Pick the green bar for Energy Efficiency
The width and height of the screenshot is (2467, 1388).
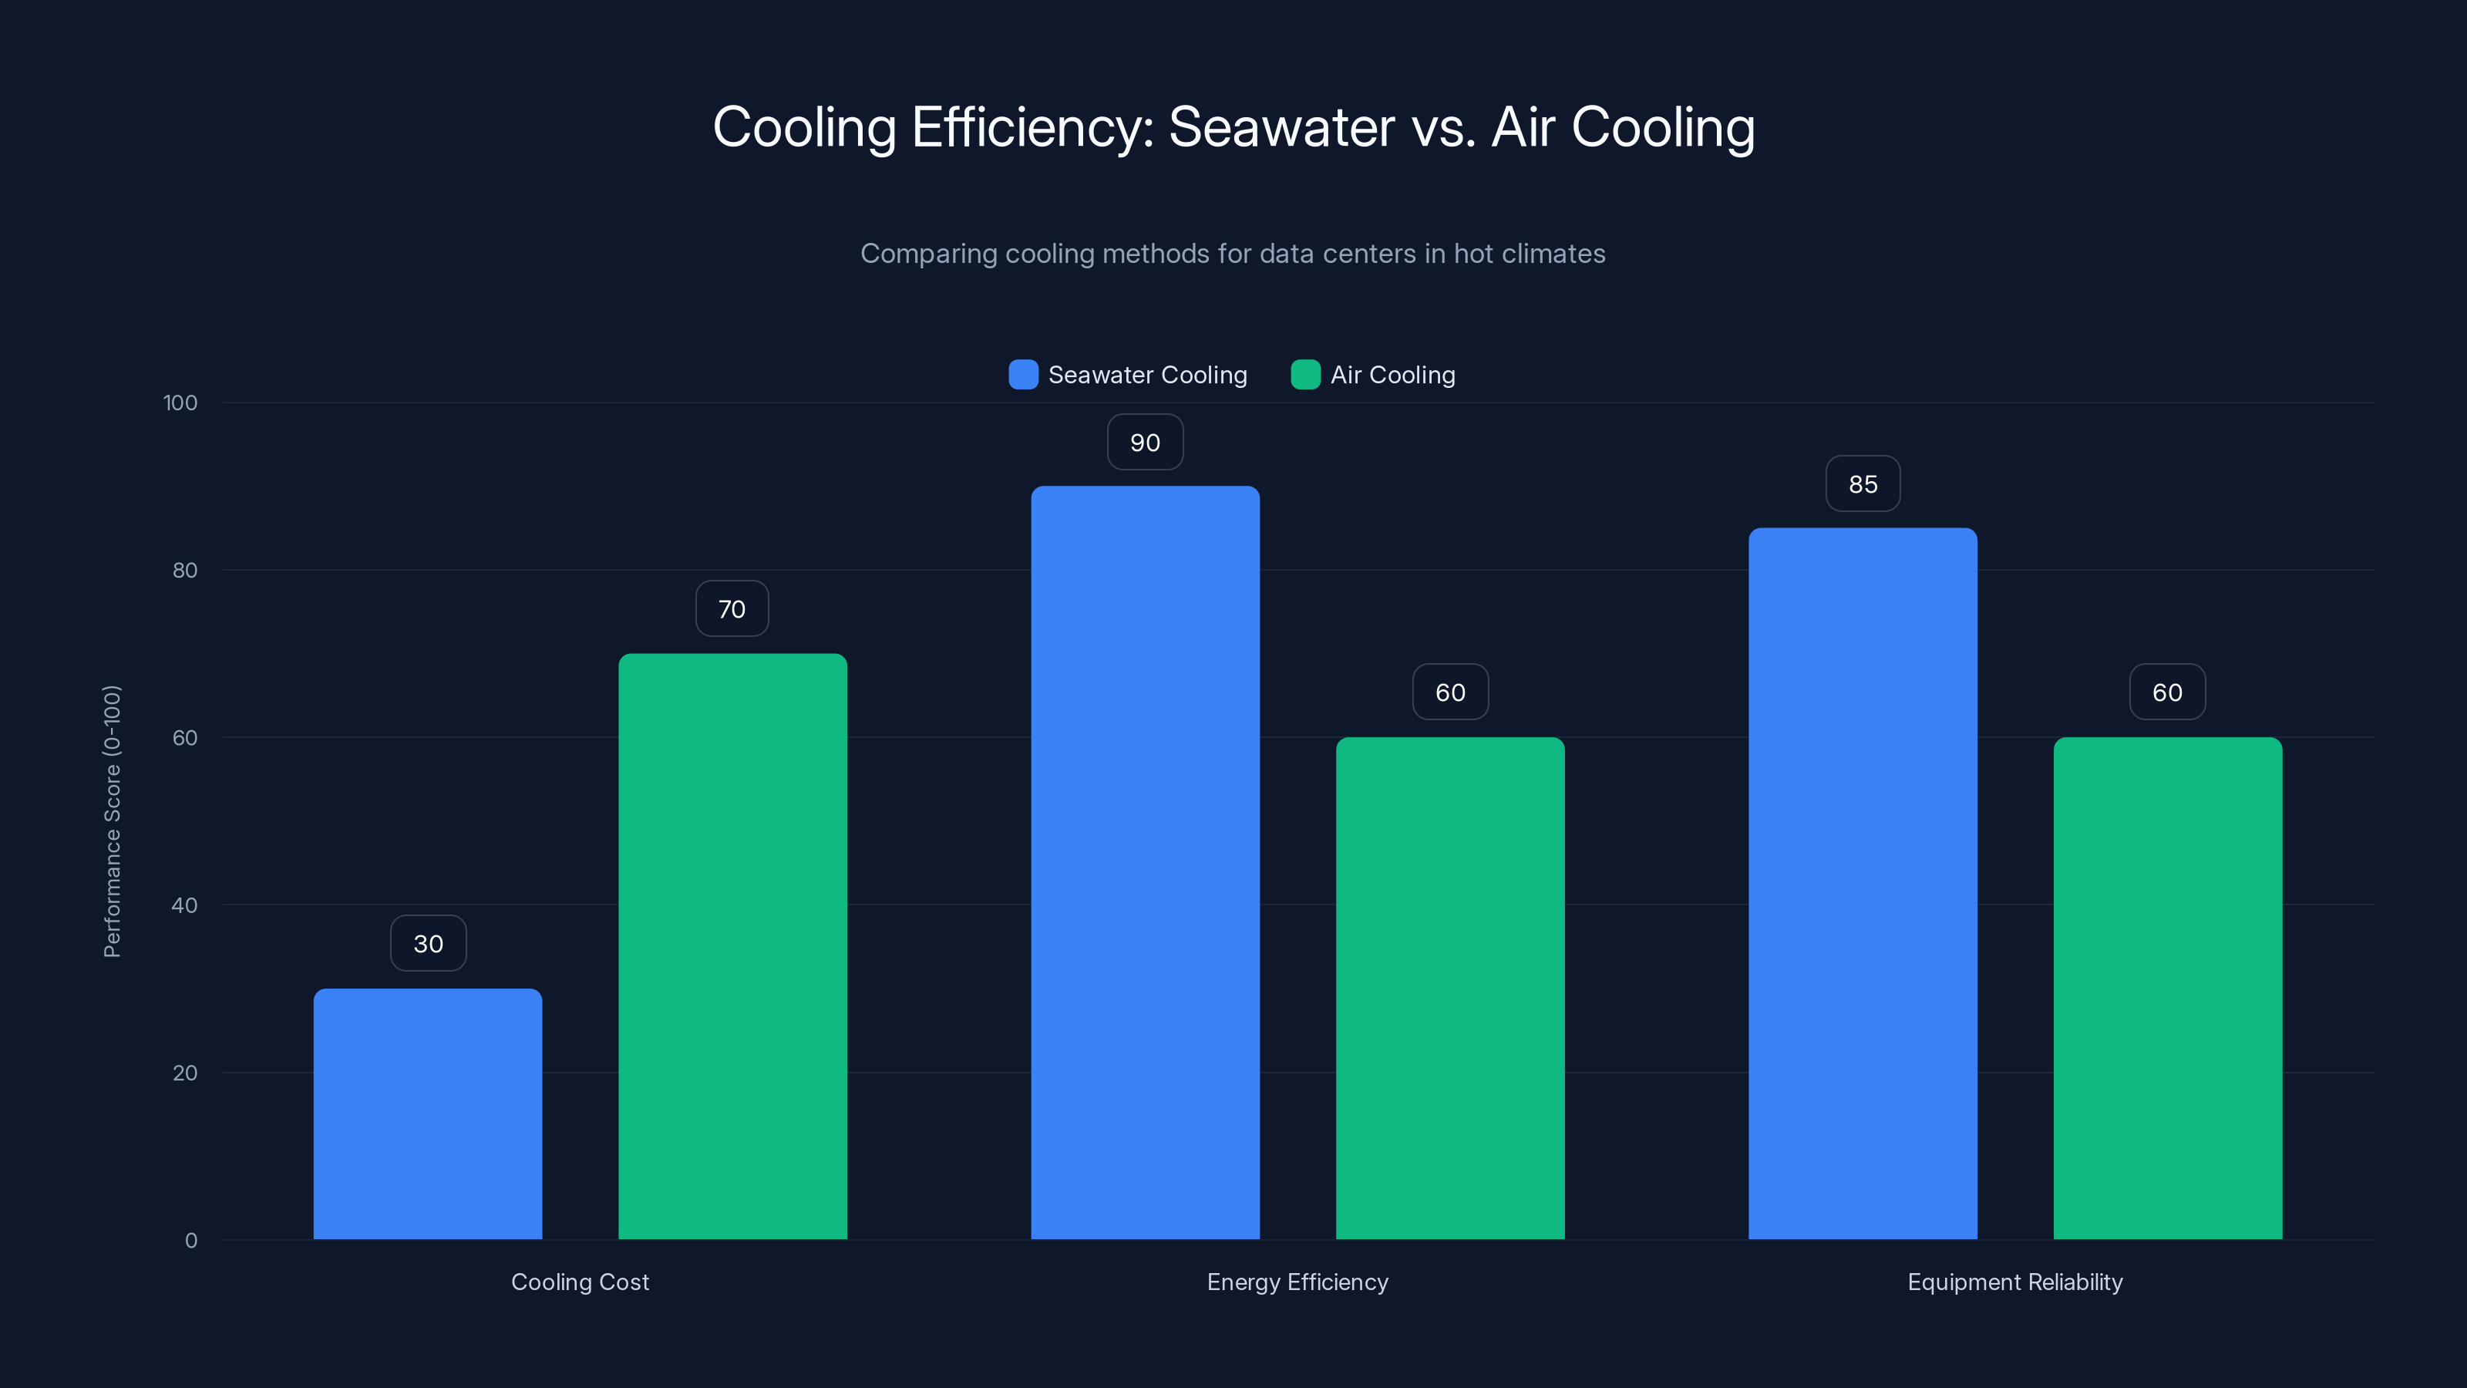point(1450,988)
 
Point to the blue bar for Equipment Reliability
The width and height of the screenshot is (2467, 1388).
point(1863,883)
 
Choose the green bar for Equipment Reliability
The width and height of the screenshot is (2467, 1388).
point(2167,988)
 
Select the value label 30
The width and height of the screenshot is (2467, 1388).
point(428,944)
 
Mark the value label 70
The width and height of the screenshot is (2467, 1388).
point(732,609)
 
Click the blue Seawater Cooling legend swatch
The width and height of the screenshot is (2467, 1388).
point(1023,375)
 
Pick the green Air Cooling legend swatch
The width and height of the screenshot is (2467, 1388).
point(1305,375)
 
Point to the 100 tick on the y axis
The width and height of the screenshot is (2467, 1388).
point(180,403)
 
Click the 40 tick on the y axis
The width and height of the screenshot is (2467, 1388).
point(184,905)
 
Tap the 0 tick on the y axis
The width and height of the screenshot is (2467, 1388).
point(190,1241)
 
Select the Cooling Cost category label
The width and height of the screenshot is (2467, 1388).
point(580,1282)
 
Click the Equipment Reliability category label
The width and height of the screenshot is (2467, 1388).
point(2015,1282)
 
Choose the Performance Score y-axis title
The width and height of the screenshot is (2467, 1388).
point(112,821)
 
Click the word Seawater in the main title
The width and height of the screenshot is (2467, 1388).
point(1281,127)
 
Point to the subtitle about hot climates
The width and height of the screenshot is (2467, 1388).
point(1233,254)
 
